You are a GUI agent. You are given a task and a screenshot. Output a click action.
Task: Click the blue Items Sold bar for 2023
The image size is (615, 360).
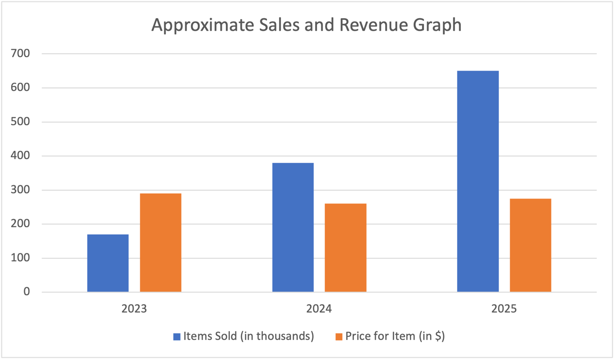pyautogui.click(x=108, y=263)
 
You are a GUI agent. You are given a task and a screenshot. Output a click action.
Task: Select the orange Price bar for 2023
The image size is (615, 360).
pyautogui.click(x=161, y=243)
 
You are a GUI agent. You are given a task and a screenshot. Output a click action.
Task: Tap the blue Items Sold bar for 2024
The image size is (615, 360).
pyautogui.click(x=293, y=227)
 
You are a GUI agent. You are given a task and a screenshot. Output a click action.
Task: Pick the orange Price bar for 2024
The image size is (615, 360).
pyautogui.click(x=345, y=248)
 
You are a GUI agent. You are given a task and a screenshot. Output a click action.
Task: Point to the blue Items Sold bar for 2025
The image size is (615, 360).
pyautogui.click(x=478, y=181)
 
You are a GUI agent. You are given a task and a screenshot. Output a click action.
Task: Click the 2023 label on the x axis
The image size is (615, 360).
pyautogui.click(x=134, y=309)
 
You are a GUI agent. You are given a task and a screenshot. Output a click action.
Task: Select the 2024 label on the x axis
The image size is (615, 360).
pyautogui.click(x=319, y=309)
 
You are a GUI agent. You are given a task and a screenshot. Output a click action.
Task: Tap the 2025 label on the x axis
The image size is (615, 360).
pyautogui.click(x=504, y=309)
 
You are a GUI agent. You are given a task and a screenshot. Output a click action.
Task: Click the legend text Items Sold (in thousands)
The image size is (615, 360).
pyautogui.click(x=249, y=336)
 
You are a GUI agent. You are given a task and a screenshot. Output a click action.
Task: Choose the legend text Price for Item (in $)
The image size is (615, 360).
pyautogui.click(x=395, y=336)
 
